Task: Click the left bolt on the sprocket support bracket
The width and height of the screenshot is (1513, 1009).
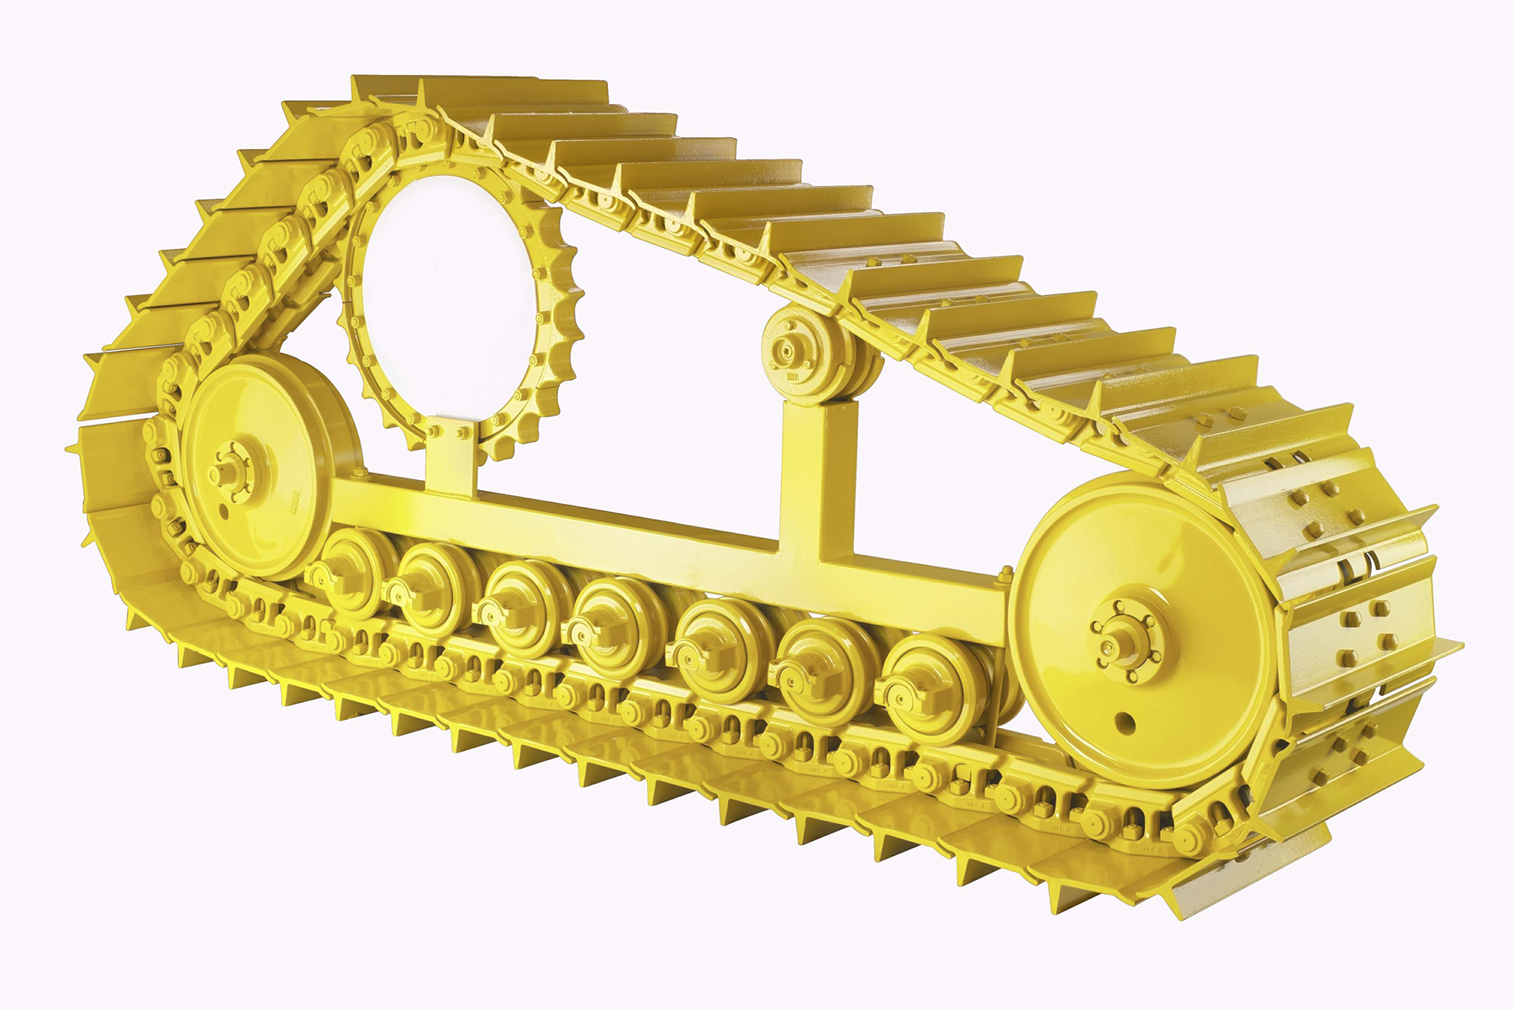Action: click(x=434, y=432)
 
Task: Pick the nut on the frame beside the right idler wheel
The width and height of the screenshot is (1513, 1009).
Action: click(x=1005, y=575)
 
